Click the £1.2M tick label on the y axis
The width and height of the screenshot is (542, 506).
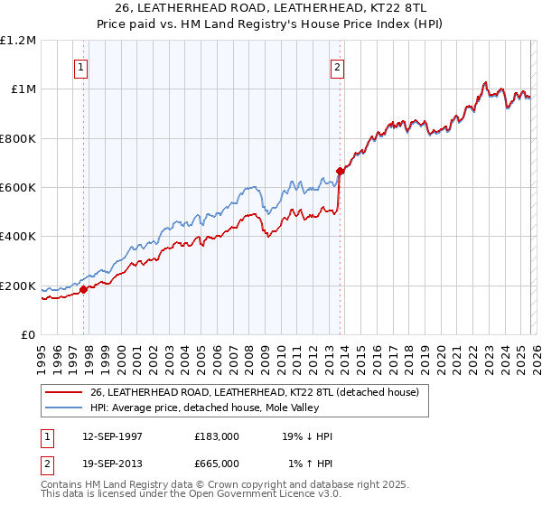pyautogui.click(x=18, y=40)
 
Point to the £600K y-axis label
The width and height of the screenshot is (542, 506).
pyautogui.click(x=18, y=188)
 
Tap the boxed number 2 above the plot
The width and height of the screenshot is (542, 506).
pyautogui.click(x=337, y=66)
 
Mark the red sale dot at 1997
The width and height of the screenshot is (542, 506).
pyautogui.click(x=83, y=290)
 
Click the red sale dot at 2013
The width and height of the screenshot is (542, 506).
pyautogui.click(x=340, y=171)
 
